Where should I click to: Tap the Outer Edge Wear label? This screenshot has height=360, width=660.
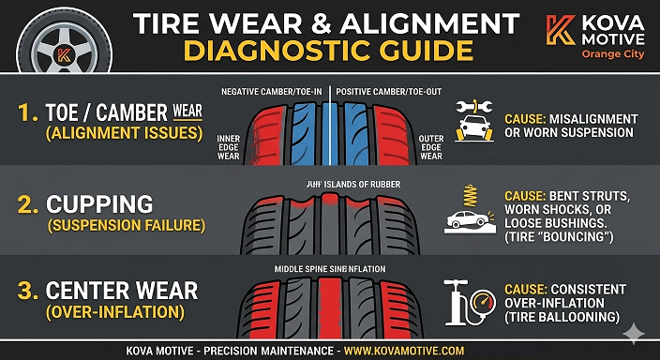click(x=432, y=144)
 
